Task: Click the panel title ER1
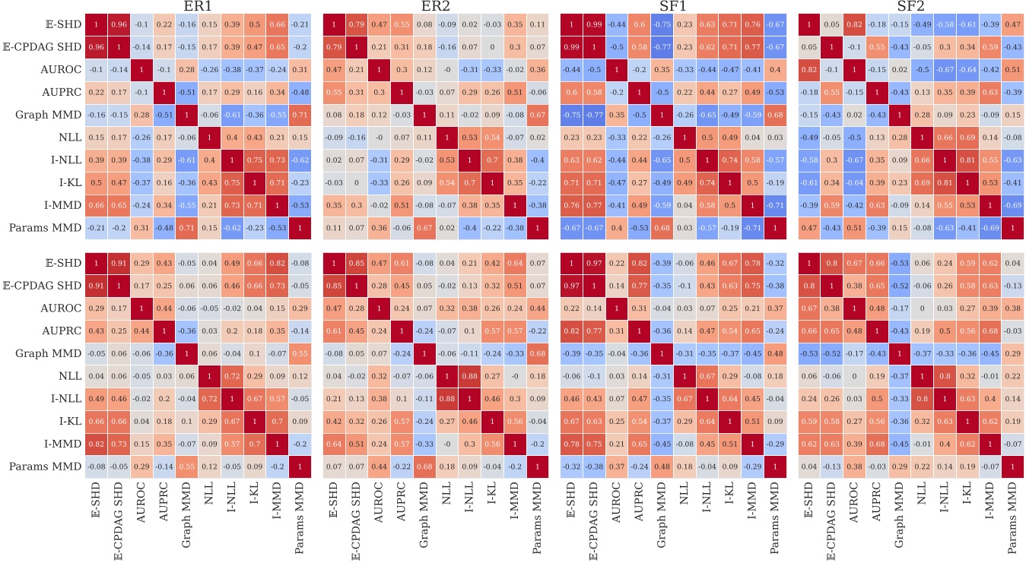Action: click(197, 7)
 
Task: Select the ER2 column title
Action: click(434, 7)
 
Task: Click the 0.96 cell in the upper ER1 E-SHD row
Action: click(119, 24)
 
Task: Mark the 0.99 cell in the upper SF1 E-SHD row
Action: click(594, 24)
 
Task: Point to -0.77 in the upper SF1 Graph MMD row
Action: click(594, 115)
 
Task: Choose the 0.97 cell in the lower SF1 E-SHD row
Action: click(594, 263)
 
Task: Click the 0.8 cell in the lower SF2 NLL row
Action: click(944, 376)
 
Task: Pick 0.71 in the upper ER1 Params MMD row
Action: click(186, 228)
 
